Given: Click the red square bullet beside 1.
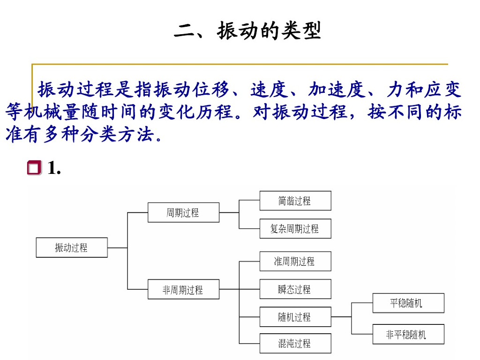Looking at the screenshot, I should [x=34, y=167].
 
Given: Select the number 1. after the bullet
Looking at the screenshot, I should [x=54, y=168].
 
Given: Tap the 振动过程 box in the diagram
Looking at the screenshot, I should [x=71, y=247].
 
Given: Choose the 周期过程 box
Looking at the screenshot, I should [x=183, y=212].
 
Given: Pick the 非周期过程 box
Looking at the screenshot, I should [x=183, y=290].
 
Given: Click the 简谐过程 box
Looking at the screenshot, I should [x=295, y=201].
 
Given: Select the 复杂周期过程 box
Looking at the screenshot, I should [x=295, y=229].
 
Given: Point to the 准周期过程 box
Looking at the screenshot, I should [x=295, y=261].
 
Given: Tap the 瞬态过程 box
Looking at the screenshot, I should [x=295, y=289].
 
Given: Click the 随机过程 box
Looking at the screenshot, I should [x=295, y=317].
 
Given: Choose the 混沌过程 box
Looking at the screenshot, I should [x=295, y=344].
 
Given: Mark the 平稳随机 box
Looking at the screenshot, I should [x=408, y=303].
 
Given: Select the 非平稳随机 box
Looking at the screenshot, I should [x=408, y=334].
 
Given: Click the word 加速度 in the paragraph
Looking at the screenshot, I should [x=336, y=89].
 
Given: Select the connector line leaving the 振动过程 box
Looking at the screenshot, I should [x=117, y=247].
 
